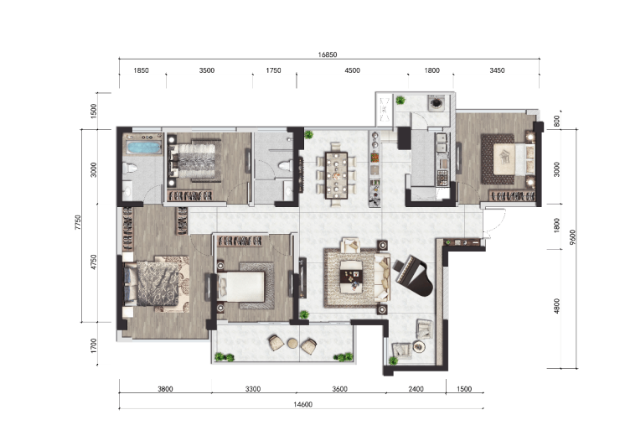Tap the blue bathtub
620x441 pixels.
point(144,148)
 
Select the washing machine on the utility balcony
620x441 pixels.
point(436,102)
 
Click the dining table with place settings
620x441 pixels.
point(336,175)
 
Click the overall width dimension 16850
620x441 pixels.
point(328,54)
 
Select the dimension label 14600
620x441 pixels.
point(303,404)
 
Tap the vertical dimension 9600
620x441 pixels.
point(573,237)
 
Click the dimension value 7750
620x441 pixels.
point(78,222)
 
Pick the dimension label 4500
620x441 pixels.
point(352,70)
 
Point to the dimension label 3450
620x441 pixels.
point(497,70)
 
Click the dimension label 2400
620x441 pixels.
point(416,389)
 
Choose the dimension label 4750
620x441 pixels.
point(93,262)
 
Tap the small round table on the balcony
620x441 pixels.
point(292,343)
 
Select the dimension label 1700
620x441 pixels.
point(93,345)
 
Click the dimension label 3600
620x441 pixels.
point(339,389)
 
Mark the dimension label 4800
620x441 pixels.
point(557,306)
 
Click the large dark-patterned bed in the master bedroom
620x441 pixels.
point(156,283)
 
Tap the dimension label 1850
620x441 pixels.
point(141,70)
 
